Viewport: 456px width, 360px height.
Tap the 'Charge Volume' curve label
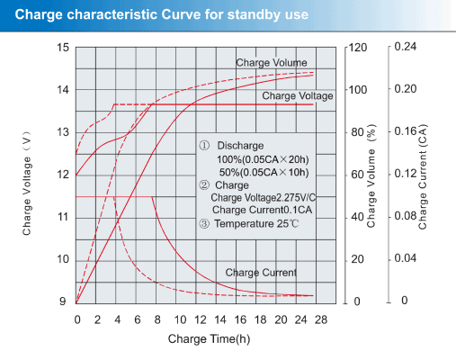[272, 63]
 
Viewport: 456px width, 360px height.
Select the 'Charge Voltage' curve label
[298, 95]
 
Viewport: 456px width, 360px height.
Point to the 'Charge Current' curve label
[261, 272]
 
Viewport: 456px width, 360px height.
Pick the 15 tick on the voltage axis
[63, 47]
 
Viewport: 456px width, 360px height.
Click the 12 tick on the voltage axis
[63, 175]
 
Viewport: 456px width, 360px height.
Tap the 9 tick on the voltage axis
[63, 301]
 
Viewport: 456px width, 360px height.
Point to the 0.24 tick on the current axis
[406, 47]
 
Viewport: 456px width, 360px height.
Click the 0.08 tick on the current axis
[406, 217]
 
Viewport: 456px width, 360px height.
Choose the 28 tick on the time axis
[321, 319]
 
